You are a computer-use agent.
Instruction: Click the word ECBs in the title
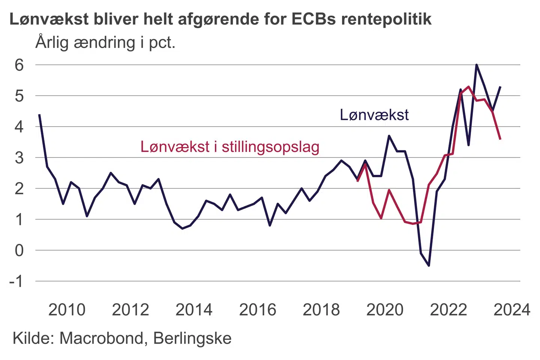point(313,19)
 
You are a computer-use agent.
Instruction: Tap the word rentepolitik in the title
point(386,19)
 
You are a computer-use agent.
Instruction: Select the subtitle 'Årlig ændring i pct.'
point(105,42)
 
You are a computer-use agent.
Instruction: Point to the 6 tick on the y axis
point(19,65)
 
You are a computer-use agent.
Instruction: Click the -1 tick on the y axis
point(16,281)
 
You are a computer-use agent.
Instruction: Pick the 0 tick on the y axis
point(19,250)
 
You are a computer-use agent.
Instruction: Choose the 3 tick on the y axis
point(19,157)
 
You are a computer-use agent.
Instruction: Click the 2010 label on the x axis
point(67,310)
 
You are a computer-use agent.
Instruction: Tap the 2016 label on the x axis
point(258,310)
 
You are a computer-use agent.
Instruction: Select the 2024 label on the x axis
point(512,310)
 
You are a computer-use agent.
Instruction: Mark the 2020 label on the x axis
point(385,310)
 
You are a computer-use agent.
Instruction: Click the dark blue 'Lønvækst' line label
point(374,115)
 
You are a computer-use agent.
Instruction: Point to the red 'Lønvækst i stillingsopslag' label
point(230,147)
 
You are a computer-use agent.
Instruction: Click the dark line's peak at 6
point(476,65)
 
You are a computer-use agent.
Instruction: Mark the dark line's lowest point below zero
point(429,265)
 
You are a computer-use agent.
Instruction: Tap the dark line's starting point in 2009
point(39,114)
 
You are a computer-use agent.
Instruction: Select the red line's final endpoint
point(501,139)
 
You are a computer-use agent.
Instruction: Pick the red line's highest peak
point(469,87)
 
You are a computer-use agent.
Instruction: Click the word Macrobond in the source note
point(101,338)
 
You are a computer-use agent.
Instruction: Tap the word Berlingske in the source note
point(192,338)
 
